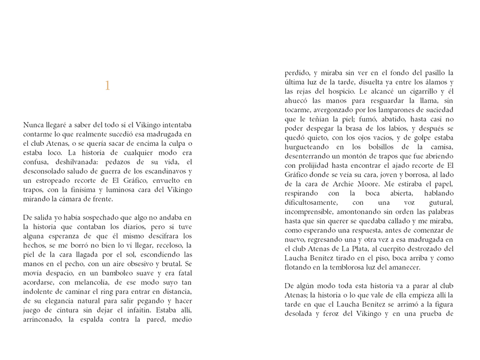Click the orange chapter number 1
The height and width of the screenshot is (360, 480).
(x=107, y=86)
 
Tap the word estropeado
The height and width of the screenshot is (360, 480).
(x=52, y=180)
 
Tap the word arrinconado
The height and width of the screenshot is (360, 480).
(x=43, y=319)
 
